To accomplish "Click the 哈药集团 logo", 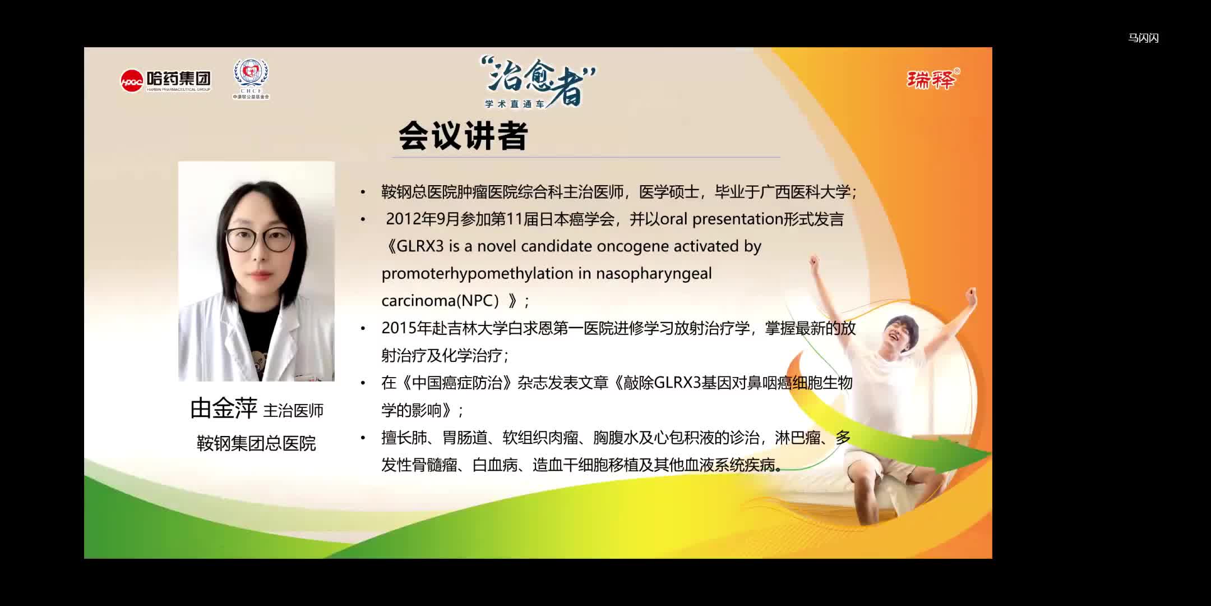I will click(166, 80).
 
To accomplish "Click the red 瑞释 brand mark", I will click(932, 79).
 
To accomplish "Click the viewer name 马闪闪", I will click(1143, 38).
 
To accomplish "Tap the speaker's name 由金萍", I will click(223, 408).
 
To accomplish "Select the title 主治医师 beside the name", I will click(293, 411).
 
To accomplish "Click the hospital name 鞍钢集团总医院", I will click(256, 443).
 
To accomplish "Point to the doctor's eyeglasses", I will click(258, 240).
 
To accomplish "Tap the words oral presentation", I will click(721, 219).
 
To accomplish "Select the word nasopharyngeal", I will click(654, 273).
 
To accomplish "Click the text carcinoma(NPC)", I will click(440, 301).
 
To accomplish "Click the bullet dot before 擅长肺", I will click(363, 438).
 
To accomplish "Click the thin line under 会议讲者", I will click(586, 157).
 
